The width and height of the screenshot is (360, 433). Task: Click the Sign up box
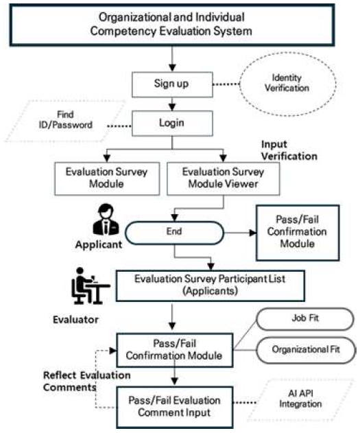tap(172, 84)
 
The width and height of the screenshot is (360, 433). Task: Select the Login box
tap(172, 123)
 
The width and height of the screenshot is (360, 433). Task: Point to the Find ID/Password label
tap(66, 120)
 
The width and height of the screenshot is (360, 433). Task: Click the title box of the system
tap(172, 25)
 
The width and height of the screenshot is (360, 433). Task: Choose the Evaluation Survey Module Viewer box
tap(223, 178)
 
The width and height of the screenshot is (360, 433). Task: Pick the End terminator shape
tap(174, 233)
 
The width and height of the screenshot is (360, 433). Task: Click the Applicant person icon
tap(106, 220)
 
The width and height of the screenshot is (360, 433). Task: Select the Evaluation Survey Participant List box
tap(211, 286)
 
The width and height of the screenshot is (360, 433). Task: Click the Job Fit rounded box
tap(305, 319)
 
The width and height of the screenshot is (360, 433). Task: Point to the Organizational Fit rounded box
tap(306, 350)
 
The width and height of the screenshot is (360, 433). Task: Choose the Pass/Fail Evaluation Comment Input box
tap(174, 407)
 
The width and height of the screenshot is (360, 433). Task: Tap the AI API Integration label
tap(300, 399)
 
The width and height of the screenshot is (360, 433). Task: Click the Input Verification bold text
tap(289, 150)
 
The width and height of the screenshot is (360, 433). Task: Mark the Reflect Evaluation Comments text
tap(86, 381)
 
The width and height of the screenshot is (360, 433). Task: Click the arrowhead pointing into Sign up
tap(172, 68)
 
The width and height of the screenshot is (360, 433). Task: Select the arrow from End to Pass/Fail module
tap(240, 233)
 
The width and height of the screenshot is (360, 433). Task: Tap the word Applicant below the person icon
tap(99, 245)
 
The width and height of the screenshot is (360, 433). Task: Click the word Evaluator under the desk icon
tap(75, 320)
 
